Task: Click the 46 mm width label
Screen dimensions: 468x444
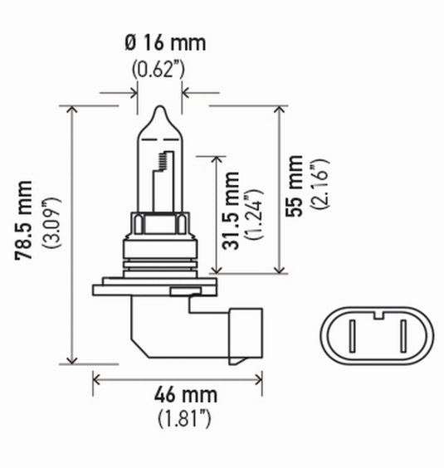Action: pos(176,395)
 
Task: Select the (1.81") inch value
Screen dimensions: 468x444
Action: pos(176,420)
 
